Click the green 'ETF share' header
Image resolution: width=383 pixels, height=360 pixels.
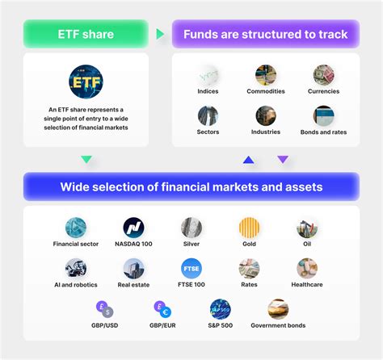click(86, 35)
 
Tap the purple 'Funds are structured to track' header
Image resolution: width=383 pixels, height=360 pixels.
click(265, 35)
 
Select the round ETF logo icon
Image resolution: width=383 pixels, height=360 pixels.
click(86, 82)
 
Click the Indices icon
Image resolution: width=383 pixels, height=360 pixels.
click(208, 75)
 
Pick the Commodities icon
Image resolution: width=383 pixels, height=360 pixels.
click(266, 75)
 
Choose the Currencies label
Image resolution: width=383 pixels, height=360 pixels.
click(324, 91)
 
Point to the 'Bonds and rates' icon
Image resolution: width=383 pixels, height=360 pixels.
click(324, 115)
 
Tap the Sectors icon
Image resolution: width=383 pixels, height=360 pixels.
click(208, 115)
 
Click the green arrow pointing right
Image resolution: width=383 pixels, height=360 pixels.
click(161, 35)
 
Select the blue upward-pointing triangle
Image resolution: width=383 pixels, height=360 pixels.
click(249, 160)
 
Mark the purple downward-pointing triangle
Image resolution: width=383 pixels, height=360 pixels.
click(283, 160)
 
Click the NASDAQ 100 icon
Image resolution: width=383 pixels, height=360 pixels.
click(133, 228)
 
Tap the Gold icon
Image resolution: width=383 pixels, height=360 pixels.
click(249, 228)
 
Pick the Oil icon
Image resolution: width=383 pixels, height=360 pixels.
click(307, 228)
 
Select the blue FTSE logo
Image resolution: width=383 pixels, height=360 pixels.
click(191, 268)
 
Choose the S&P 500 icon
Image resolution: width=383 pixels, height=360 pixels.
click(220, 308)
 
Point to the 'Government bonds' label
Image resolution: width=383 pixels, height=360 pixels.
click(278, 326)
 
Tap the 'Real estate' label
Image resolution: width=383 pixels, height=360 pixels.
click(133, 285)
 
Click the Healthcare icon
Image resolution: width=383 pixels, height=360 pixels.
click(307, 268)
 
